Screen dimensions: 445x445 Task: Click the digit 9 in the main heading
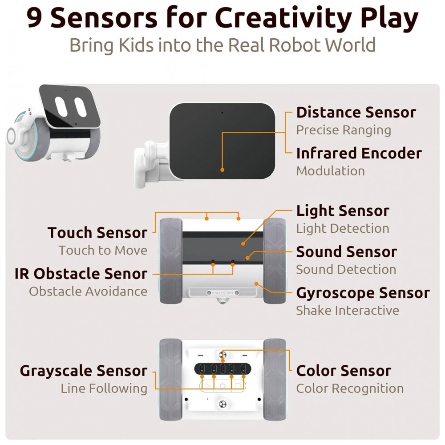(x=35, y=18)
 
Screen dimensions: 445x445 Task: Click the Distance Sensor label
(x=356, y=112)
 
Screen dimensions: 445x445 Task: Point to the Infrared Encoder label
(x=359, y=153)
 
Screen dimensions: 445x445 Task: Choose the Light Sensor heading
(x=343, y=211)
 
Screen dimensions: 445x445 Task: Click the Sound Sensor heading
(x=347, y=252)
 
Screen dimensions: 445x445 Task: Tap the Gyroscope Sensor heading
(x=363, y=293)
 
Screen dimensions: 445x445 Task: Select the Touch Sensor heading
(x=97, y=233)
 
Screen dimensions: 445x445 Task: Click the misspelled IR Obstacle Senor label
(x=81, y=274)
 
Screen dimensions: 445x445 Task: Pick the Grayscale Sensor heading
(x=84, y=371)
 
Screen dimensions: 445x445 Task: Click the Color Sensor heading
(x=344, y=371)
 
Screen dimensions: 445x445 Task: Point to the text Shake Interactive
(x=348, y=311)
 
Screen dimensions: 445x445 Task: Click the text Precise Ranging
(x=344, y=130)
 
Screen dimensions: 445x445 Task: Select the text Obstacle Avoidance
(x=88, y=291)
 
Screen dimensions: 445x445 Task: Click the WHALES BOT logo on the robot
(x=223, y=293)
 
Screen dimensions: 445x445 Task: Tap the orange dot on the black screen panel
(x=222, y=170)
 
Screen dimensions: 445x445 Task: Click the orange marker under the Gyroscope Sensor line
(x=256, y=284)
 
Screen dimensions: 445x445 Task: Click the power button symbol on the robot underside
(x=223, y=386)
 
